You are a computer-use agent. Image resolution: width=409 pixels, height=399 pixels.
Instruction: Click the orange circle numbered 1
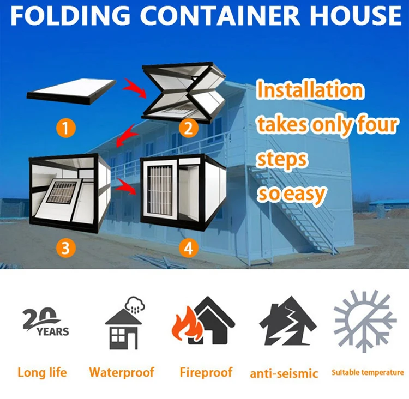[65, 129]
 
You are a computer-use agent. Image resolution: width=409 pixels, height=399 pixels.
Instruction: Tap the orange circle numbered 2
[188, 129]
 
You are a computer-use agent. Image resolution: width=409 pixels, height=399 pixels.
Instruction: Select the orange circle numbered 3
[65, 249]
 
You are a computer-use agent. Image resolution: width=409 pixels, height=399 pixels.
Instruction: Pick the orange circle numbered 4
[188, 249]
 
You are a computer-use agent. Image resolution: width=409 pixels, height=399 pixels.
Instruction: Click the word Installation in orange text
[310, 90]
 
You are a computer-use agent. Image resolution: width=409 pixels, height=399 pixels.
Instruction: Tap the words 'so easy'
[291, 193]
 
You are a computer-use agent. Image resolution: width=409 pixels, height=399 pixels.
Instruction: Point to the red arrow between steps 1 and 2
[133, 87]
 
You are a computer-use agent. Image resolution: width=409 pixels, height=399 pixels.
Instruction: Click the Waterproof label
[122, 373]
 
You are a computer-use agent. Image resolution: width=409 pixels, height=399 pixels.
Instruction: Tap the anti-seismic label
[284, 373]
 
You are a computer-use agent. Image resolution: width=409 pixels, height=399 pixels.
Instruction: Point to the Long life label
[42, 373]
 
